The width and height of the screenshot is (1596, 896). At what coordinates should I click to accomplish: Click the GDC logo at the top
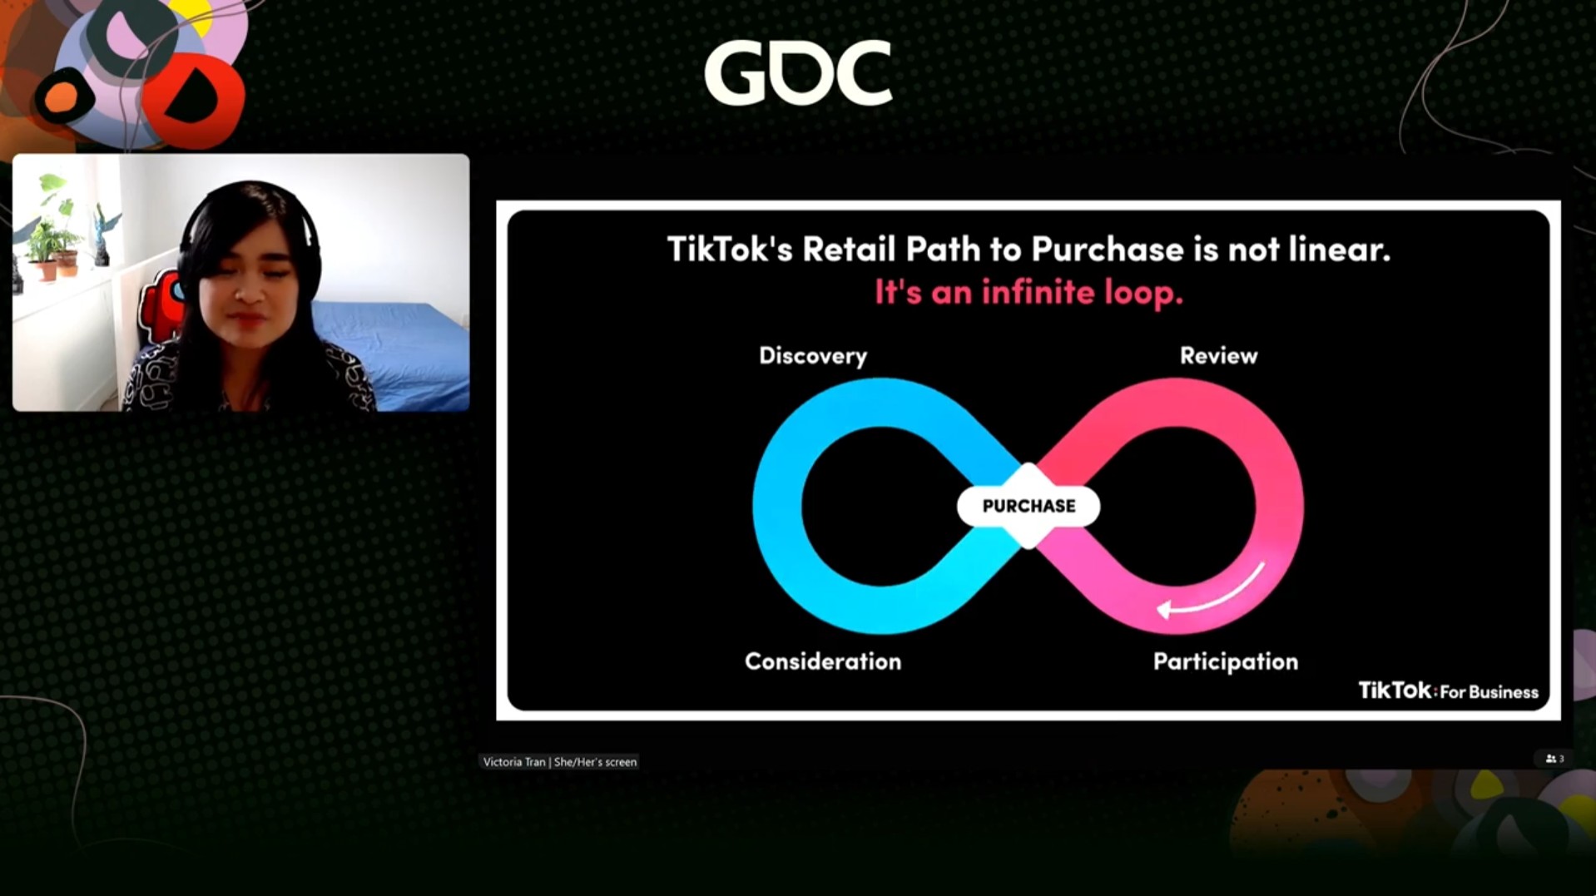click(798, 73)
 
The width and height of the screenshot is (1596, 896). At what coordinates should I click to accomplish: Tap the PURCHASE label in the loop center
click(1028, 506)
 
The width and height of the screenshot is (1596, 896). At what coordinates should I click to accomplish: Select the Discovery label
click(813, 356)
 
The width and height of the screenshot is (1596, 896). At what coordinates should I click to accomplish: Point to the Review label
click(1218, 355)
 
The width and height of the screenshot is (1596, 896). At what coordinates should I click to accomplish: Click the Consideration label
click(823, 661)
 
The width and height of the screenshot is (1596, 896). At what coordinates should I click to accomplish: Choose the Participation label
click(1225, 662)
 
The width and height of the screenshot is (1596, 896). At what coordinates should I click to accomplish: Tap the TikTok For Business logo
click(1448, 691)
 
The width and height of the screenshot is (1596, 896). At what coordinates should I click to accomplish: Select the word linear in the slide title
click(1339, 250)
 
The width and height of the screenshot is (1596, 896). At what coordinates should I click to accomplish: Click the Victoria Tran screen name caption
click(559, 761)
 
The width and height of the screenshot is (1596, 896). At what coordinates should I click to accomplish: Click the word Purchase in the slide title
click(1108, 250)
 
